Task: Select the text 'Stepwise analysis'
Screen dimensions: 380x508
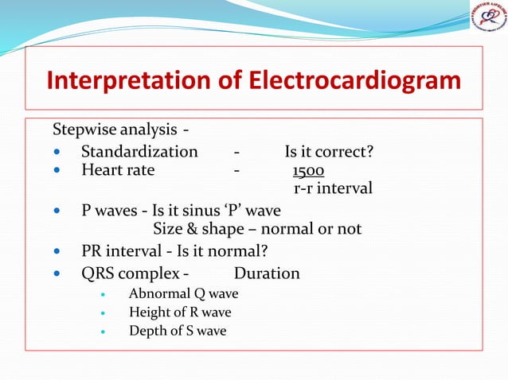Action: click(x=115, y=130)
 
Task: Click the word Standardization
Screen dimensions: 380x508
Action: click(x=139, y=151)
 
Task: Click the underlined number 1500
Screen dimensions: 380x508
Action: click(x=308, y=171)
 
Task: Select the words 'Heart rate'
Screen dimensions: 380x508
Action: click(x=118, y=169)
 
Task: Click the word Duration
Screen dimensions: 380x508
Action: click(x=267, y=274)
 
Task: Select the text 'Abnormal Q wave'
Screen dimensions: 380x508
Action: click(x=183, y=293)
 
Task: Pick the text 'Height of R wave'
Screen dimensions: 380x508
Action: click(x=180, y=312)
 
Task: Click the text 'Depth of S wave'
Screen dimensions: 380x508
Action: click(x=178, y=331)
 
